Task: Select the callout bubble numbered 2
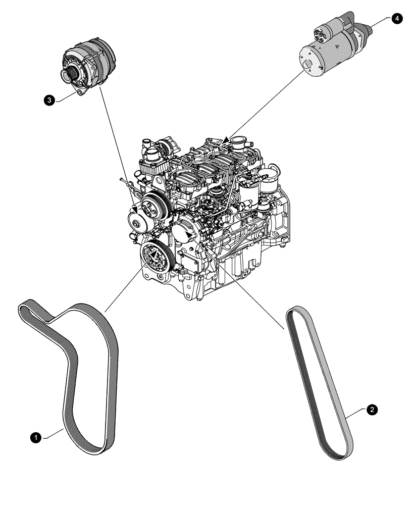click(372, 410)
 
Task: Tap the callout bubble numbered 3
click(49, 101)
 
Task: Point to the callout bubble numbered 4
click(396, 19)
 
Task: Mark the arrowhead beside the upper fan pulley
click(135, 209)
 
